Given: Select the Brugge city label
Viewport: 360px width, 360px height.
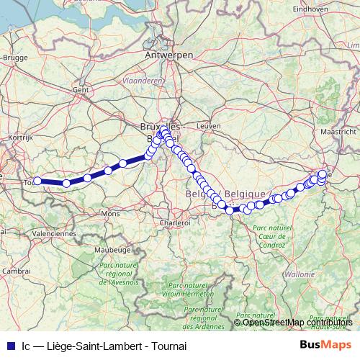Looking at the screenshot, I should [15, 56].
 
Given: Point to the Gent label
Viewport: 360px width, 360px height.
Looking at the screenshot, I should [80, 90].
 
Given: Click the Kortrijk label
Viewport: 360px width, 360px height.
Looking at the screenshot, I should [21, 136].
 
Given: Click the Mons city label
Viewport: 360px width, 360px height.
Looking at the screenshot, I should [111, 215].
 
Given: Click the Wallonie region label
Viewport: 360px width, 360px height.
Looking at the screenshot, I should [300, 274].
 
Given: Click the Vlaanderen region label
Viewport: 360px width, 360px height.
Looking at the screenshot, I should [143, 81].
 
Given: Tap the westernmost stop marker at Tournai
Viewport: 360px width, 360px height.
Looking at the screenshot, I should [37, 181].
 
